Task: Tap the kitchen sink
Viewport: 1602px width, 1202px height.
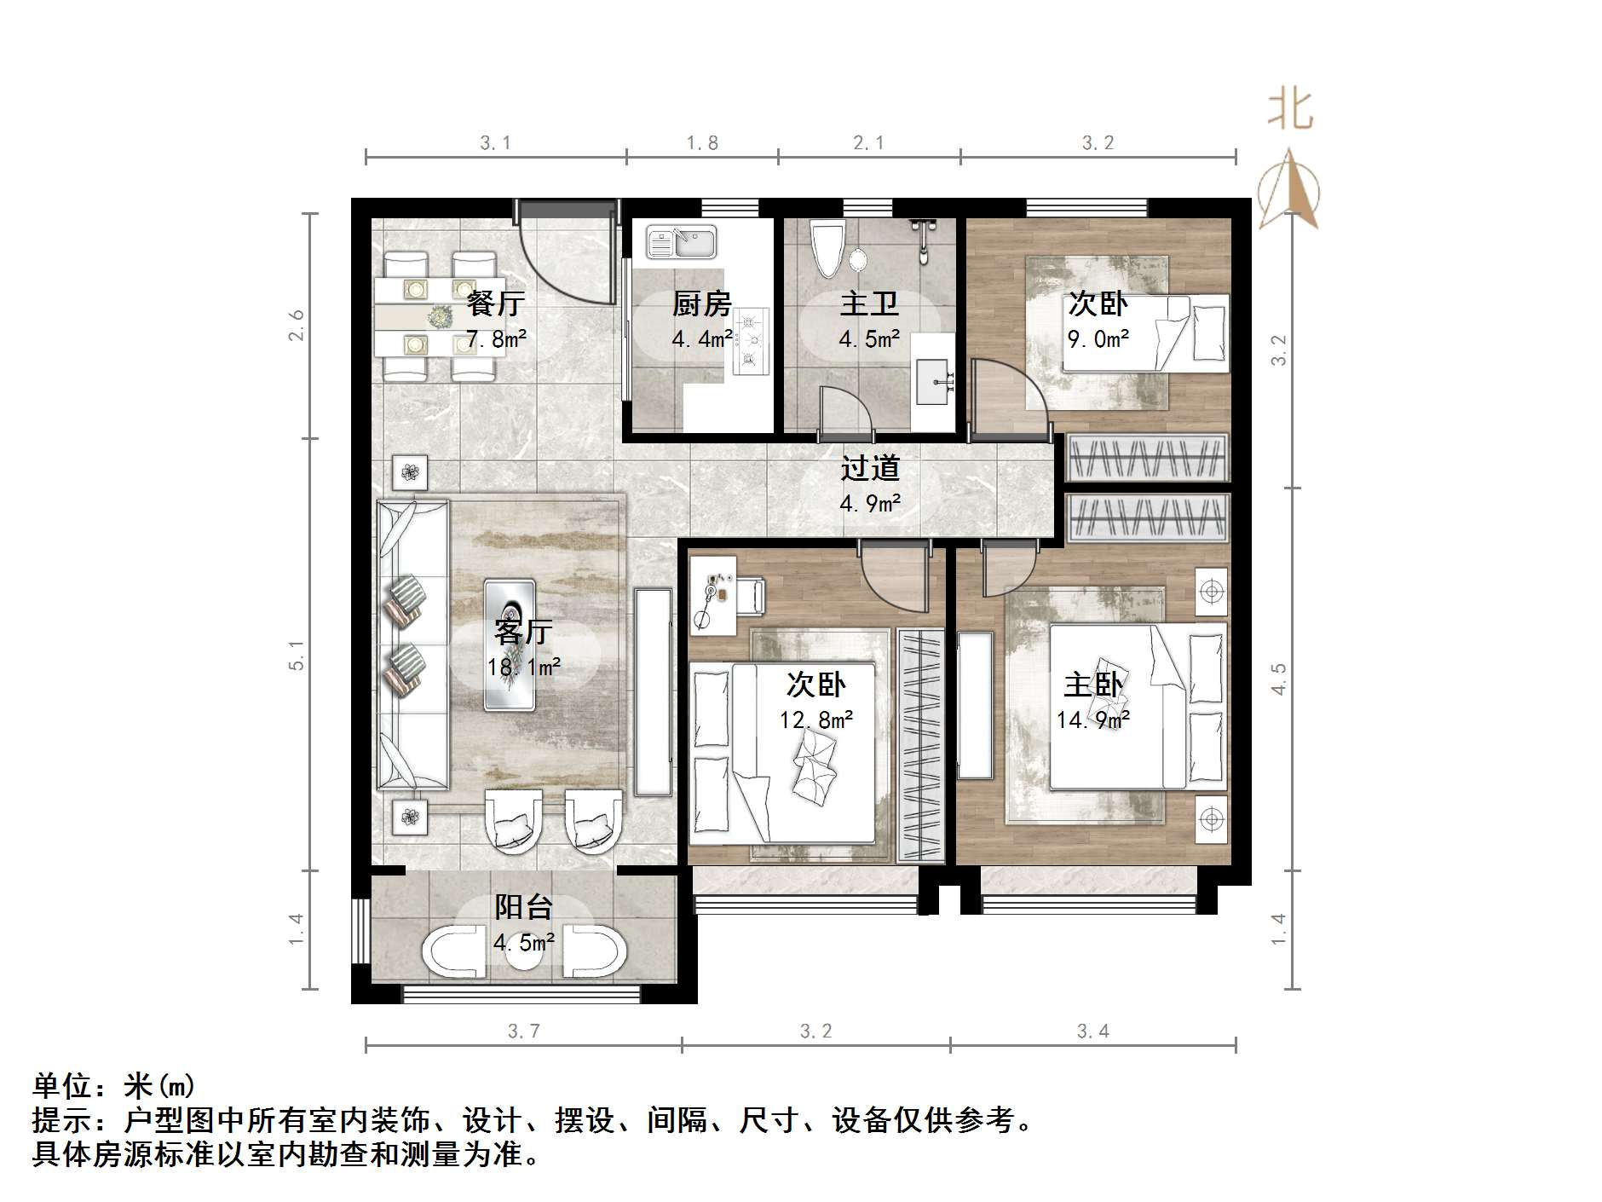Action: coord(681,242)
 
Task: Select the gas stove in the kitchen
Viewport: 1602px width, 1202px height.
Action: coord(750,341)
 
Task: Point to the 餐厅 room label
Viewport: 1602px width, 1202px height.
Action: coord(495,303)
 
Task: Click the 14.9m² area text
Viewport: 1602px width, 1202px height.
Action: coord(1092,720)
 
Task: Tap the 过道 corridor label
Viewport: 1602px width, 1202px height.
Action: coord(870,467)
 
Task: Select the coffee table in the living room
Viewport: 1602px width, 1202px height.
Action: coord(510,644)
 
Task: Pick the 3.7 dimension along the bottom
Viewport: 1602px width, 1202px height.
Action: coord(523,1032)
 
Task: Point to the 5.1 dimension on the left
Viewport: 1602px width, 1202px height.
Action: coord(296,655)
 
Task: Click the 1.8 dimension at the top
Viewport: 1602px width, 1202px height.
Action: coord(702,143)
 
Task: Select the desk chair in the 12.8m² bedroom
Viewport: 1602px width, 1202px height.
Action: coord(751,594)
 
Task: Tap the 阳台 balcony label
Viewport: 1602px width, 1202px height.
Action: coord(523,907)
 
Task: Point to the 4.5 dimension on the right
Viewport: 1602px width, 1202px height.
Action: coord(1278,679)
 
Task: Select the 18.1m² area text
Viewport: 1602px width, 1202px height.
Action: coord(523,667)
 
